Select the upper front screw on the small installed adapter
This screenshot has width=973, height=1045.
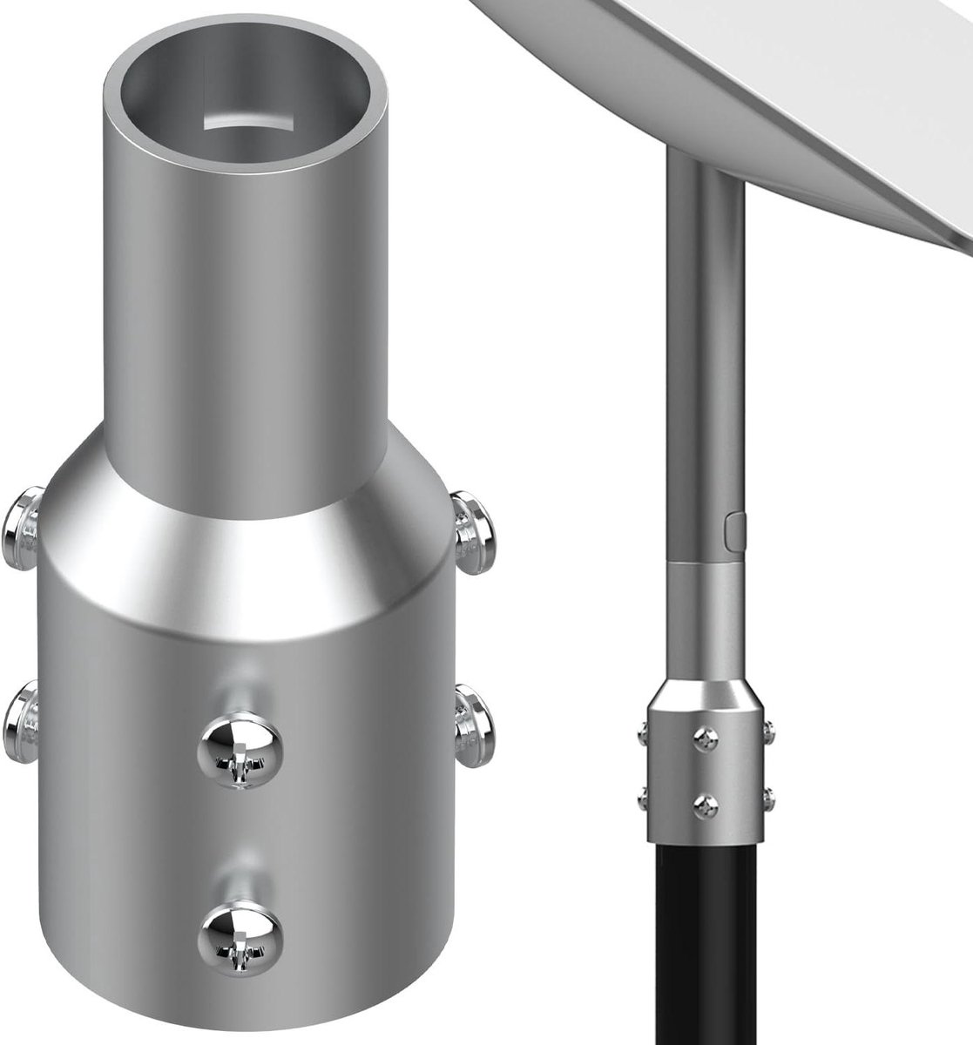click(704, 737)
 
